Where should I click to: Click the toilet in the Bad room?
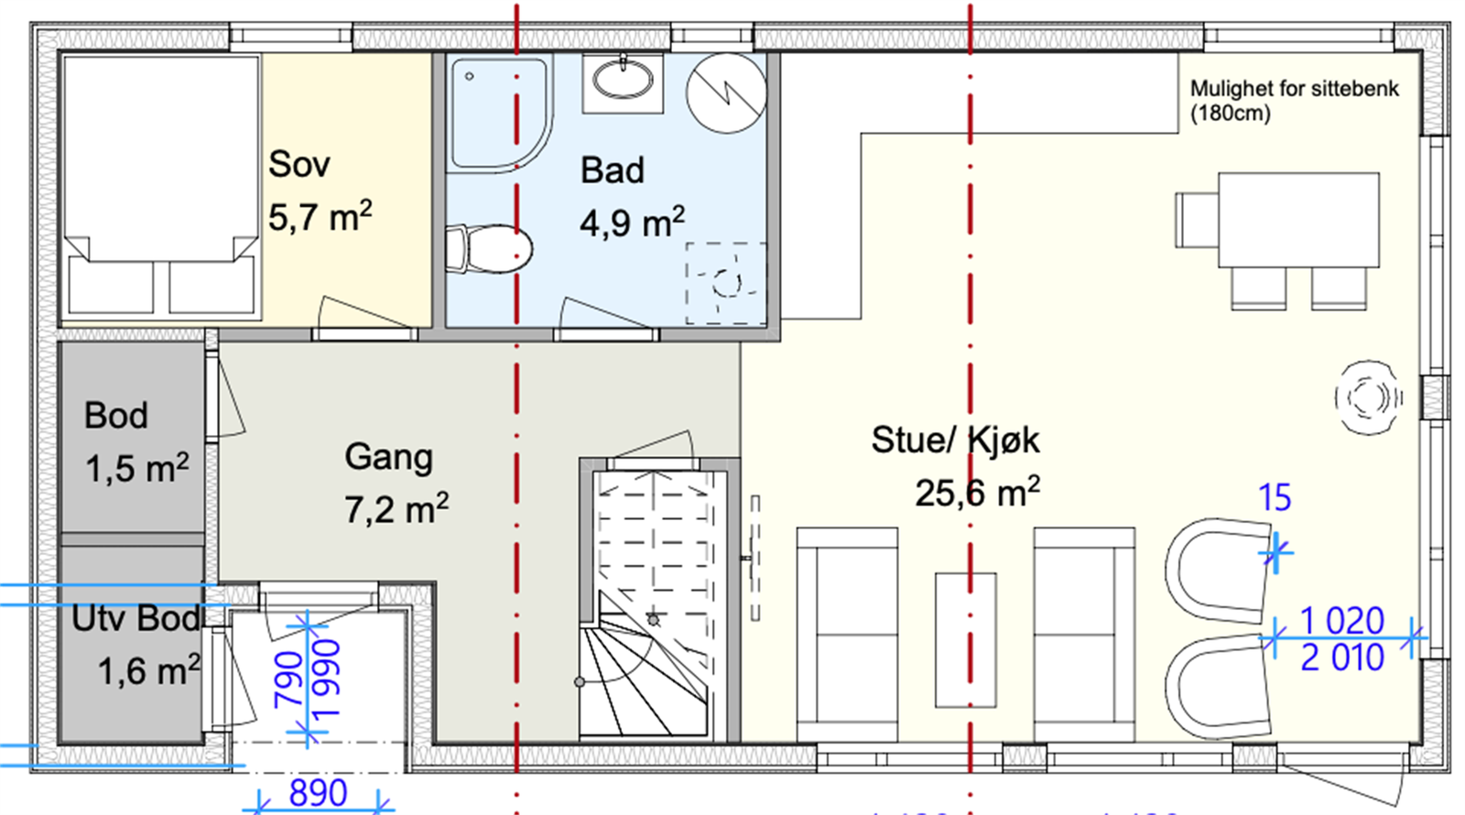490,248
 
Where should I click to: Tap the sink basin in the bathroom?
624,80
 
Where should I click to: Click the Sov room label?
298,165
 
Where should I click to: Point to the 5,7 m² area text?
320,218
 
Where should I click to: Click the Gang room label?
388,457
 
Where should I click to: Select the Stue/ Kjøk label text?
955,440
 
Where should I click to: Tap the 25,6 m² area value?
977,494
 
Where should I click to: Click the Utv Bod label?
136,619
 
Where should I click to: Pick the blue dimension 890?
318,792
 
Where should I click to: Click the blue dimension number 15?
1275,498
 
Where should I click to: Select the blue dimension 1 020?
1341,621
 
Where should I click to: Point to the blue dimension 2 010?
1341,657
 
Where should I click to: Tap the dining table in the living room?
1297,220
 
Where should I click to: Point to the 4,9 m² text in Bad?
632,223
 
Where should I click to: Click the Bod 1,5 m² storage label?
136,442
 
